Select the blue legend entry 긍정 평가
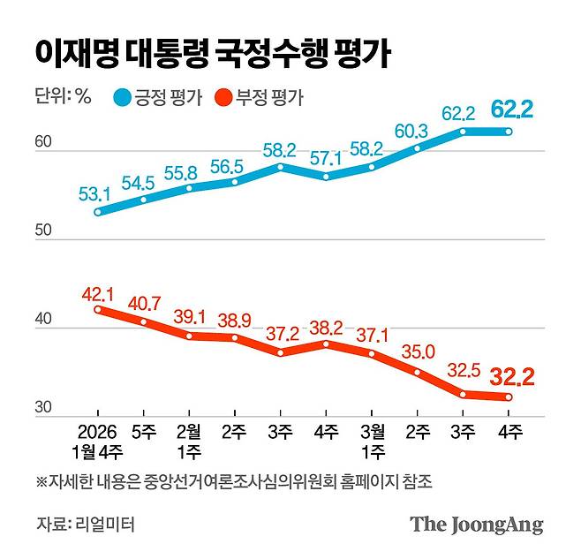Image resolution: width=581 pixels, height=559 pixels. (x=159, y=97)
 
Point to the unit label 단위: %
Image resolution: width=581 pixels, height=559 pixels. (x=63, y=97)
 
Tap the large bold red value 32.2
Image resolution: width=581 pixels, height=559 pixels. (x=509, y=378)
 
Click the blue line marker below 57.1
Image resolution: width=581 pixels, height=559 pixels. (x=326, y=177)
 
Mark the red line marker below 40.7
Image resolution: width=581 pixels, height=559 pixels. (x=144, y=321)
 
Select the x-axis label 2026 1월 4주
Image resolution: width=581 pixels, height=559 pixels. (x=97, y=441)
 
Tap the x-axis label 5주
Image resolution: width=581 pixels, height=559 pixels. (x=144, y=432)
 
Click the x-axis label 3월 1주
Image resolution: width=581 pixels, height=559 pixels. (x=371, y=441)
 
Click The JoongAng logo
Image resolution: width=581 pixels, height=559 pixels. (x=476, y=524)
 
